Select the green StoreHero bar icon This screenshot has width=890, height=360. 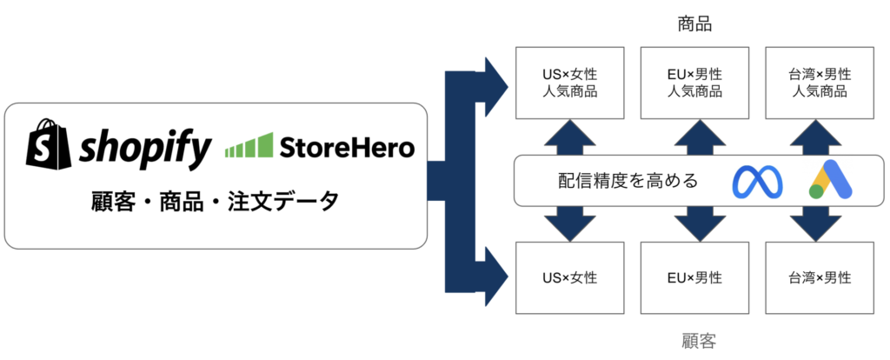coord(249,145)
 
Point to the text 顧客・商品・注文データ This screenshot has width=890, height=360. coord(216,201)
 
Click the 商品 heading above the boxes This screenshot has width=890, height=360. coord(694,24)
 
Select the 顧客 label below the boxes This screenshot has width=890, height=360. coord(699,341)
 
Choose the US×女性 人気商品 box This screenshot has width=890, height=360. coord(570,83)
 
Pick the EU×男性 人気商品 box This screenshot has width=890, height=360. coord(694,83)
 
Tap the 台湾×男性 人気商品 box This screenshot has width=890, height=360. coord(820,83)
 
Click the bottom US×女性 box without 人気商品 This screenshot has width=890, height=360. coord(570,277)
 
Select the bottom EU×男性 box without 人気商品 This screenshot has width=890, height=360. coord(694,277)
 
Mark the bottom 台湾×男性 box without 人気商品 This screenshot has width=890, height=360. coord(820,277)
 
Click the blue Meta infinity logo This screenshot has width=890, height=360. coord(757,183)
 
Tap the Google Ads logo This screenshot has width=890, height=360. coord(830,179)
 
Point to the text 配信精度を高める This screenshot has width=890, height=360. coord(628,181)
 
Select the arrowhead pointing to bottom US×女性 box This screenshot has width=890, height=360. coord(494,278)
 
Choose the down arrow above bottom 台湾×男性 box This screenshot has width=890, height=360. coord(820,223)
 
